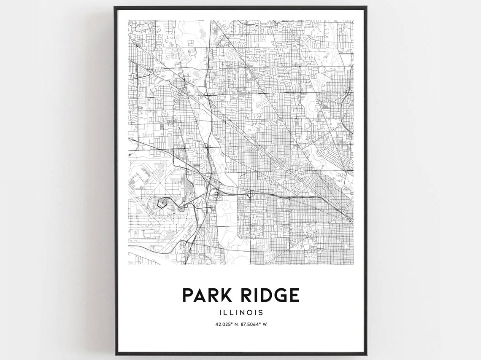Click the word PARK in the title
point(208,295)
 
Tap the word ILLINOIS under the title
point(241,313)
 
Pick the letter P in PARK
point(188,295)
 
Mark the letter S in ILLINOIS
point(261,313)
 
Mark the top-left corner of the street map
point(129,20)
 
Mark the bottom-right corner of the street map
point(353,265)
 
